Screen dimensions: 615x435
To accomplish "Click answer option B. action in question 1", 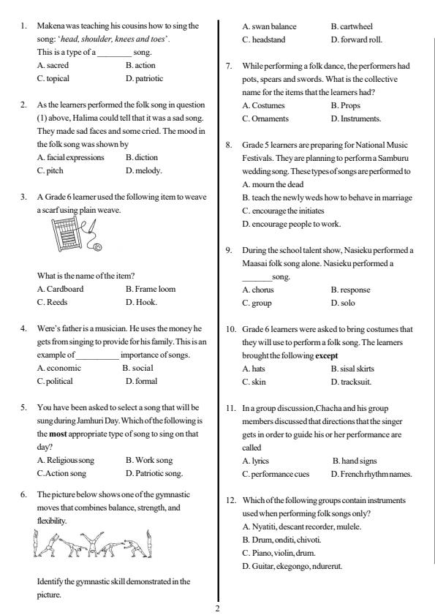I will pyautogui.click(x=140, y=65).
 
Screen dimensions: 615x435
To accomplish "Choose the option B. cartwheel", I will pyautogui.click(x=351, y=26).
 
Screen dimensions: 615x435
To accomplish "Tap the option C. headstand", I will pyautogui.click(x=265, y=39).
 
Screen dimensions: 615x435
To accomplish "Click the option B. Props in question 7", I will pyautogui.click(x=344, y=105).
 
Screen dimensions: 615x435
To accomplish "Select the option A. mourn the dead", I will pyautogui.click(x=275, y=184).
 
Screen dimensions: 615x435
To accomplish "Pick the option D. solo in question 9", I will pyautogui.click(x=343, y=302).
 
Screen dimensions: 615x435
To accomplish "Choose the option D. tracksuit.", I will pyautogui.click(x=352, y=381).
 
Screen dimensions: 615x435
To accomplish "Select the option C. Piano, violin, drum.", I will pyautogui.click(x=276, y=552).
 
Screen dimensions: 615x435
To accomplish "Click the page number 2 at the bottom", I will pyautogui.click(x=217, y=607).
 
